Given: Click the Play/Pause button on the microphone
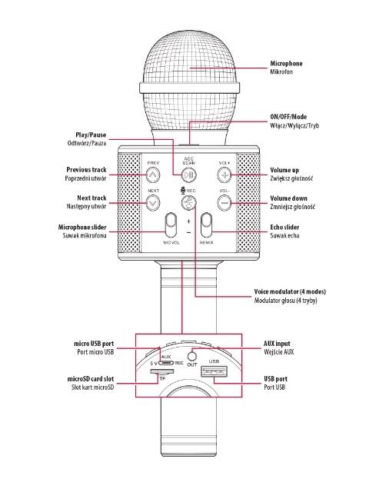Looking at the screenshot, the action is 188,175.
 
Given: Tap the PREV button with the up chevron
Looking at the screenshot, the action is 153,175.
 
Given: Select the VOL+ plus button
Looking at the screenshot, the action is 224,175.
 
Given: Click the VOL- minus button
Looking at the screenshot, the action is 224,202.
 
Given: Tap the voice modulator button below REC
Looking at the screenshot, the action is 188,202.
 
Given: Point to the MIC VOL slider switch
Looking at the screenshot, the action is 171,225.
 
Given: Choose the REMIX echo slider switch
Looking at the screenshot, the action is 206,225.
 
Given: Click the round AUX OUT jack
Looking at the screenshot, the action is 192,355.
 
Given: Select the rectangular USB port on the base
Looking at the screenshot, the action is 214,371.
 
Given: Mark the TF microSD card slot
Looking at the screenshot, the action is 162,371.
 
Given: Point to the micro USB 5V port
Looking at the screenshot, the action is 166,363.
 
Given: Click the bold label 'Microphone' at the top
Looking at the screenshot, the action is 286,64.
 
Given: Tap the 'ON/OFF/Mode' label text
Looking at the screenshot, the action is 288,117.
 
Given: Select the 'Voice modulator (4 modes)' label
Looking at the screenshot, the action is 290,292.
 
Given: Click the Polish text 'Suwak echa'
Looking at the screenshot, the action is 284,236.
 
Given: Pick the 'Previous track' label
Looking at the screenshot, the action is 86,170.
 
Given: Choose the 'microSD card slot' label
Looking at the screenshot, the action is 91,379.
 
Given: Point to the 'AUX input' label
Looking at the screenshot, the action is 277,344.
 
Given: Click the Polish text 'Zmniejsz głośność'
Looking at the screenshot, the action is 293,207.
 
